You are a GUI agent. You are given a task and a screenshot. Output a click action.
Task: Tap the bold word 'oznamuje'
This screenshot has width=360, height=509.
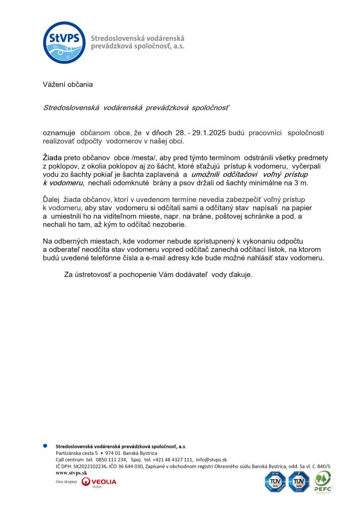59,133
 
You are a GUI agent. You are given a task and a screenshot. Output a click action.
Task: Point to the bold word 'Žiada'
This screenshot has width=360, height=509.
52,158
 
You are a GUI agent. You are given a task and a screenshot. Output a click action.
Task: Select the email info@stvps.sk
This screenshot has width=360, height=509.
211,460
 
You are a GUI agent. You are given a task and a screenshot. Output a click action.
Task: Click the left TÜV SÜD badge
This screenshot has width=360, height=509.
275,482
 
